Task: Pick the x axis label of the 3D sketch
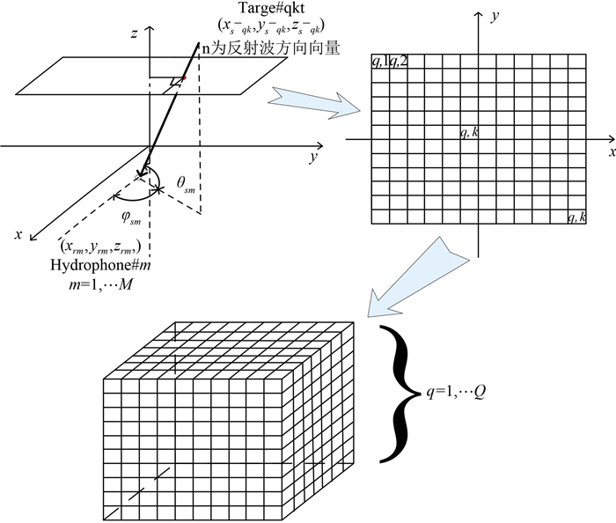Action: point(18,235)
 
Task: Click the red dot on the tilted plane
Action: point(185,79)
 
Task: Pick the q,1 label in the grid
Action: point(379,64)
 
